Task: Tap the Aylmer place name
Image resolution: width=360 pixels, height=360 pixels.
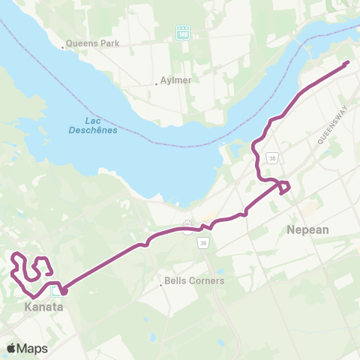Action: [176, 81]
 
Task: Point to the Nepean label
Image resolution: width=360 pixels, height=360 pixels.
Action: [307, 230]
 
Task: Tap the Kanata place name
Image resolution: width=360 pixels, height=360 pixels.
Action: [43, 307]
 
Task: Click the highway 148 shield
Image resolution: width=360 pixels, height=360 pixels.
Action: [183, 32]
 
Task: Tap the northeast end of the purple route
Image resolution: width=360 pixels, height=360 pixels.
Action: [348, 63]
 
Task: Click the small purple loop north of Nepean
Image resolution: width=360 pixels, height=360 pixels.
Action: [285, 187]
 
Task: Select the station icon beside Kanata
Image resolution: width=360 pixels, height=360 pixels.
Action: [56, 291]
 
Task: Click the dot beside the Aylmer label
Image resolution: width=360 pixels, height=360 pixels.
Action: [157, 84]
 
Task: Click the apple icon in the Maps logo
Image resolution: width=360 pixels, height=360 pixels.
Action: [12, 348]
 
